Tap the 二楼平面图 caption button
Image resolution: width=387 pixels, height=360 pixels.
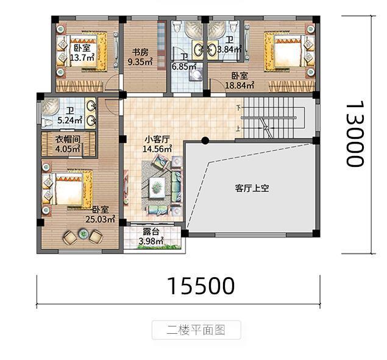click(196, 330)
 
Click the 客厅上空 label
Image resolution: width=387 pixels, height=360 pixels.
click(252, 188)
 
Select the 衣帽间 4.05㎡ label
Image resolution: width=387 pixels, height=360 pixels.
click(68, 143)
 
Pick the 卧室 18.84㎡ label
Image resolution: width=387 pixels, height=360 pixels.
click(239, 81)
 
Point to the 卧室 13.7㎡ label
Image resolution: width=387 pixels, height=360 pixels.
click(80, 53)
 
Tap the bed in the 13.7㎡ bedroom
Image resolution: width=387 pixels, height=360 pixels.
click(64, 50)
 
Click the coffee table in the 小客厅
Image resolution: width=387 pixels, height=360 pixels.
click(158, 188)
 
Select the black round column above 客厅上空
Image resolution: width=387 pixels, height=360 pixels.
click(205, 141)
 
